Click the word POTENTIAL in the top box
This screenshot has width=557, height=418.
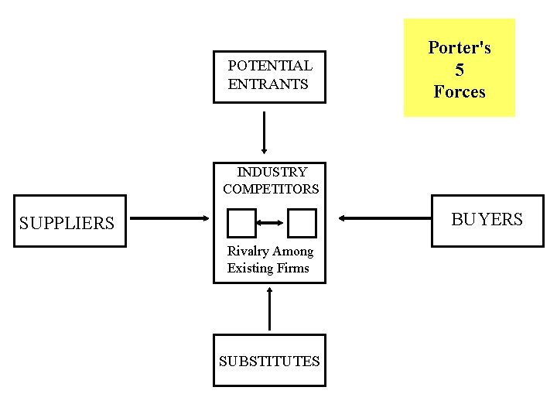click(x=270, y=66)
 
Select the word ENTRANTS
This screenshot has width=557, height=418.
click(x=268, y=84)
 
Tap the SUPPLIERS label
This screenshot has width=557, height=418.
click(x=67, y=224)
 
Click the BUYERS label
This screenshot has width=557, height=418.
click(x=487, y=220)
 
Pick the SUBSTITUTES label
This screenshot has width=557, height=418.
click(x=269, y=361)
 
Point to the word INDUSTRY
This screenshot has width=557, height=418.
click(x=272, y=172)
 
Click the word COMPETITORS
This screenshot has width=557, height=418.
click(x=271, y=189)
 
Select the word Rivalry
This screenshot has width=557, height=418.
click(x=246, y=252)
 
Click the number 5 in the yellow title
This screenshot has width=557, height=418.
click(x=460, y=70)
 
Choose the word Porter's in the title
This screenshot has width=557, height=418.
click(x=460, y=48)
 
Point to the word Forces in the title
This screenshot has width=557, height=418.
click(x=460, y=92)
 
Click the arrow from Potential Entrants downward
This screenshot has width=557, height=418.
click(x=265, y=132)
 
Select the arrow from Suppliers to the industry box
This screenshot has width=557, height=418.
click(x=169, y=218)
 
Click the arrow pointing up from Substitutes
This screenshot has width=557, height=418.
click(x=269, y=309)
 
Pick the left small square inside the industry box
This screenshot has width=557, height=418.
click(x=241, y=223)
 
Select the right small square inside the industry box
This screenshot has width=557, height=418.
click(x=302, y=223)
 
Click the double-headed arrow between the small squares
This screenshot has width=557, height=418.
click(x=272, y=223)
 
